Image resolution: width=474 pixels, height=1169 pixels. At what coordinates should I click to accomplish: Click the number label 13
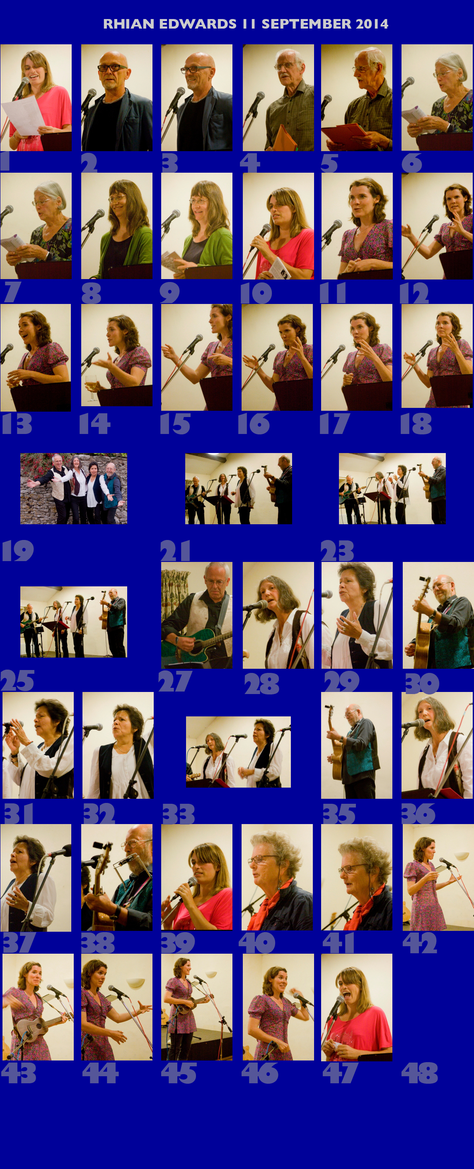pyautogui.click(x=17, y=424)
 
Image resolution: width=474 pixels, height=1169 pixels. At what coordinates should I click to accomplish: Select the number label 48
pyautogui.click(x=420, y=1073)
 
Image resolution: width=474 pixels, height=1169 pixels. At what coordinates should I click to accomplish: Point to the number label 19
pyautogui.click(x=18, y=550)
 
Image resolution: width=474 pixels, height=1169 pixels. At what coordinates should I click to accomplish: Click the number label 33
pyautogui.click(x=179, y=814)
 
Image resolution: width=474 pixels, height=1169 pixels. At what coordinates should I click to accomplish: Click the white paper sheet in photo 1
pyautogui.click(x=24, y=115)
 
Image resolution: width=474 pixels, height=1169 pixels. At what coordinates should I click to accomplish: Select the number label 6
pyautogui.click(x=412, y=162)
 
